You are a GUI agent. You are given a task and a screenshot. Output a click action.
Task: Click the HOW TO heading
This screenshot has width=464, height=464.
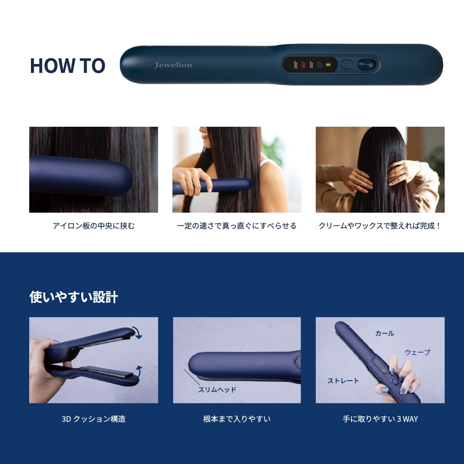[x=67, y=65]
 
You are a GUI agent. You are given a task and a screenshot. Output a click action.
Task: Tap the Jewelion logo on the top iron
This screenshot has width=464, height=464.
[x=173, y=65]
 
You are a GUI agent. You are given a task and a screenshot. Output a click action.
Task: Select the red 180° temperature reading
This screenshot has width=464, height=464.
[x=303, y=65]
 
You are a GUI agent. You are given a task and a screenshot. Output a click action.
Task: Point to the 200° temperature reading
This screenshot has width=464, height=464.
[x=296, y=65]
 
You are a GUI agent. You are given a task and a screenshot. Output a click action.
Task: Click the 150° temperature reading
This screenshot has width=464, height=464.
[x=311, y=65]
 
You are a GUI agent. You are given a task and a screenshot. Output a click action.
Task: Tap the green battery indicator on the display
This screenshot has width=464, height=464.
[x=328, y=64]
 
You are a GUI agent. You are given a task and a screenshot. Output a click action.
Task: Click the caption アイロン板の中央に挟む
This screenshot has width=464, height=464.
[x=94, y=226]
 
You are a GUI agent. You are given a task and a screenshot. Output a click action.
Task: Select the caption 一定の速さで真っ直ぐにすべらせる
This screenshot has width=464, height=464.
[x=237, y=226]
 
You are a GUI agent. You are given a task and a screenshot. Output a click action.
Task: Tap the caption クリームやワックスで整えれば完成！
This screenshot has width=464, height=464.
[x=380, y=226]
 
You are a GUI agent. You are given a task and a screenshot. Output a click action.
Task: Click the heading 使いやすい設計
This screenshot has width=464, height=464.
[x=74, y=297]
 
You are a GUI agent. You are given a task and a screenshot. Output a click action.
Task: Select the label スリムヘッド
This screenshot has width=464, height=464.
[x=217, y=390]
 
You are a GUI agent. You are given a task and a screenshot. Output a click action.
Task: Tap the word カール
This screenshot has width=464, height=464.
[x=385, y=333]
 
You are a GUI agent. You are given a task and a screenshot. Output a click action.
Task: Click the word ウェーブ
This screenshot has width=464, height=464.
[x=417, y=352]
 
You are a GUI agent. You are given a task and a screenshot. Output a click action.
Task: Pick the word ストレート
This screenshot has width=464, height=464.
[x=343, y=381]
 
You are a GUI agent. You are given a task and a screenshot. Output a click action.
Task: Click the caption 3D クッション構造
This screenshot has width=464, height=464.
[x=94, y=419]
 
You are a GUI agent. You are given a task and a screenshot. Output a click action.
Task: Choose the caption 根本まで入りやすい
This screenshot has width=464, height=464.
[x=237, y=419]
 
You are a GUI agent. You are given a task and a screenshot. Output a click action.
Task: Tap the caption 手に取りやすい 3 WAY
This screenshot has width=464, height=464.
[x=380, y=419]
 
